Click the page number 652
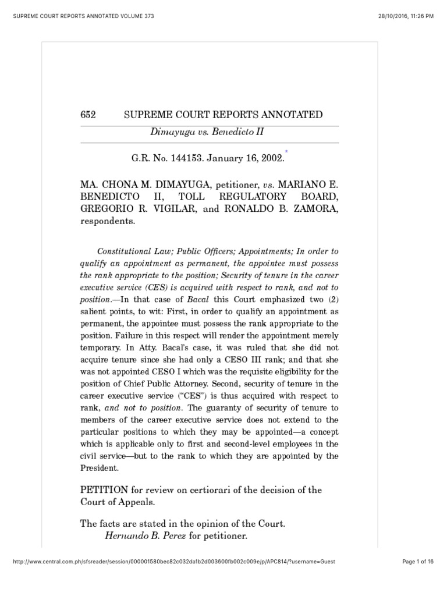tap(88, 115)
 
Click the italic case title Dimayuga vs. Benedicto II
tap(207, 132)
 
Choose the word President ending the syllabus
tap(100, 467)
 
